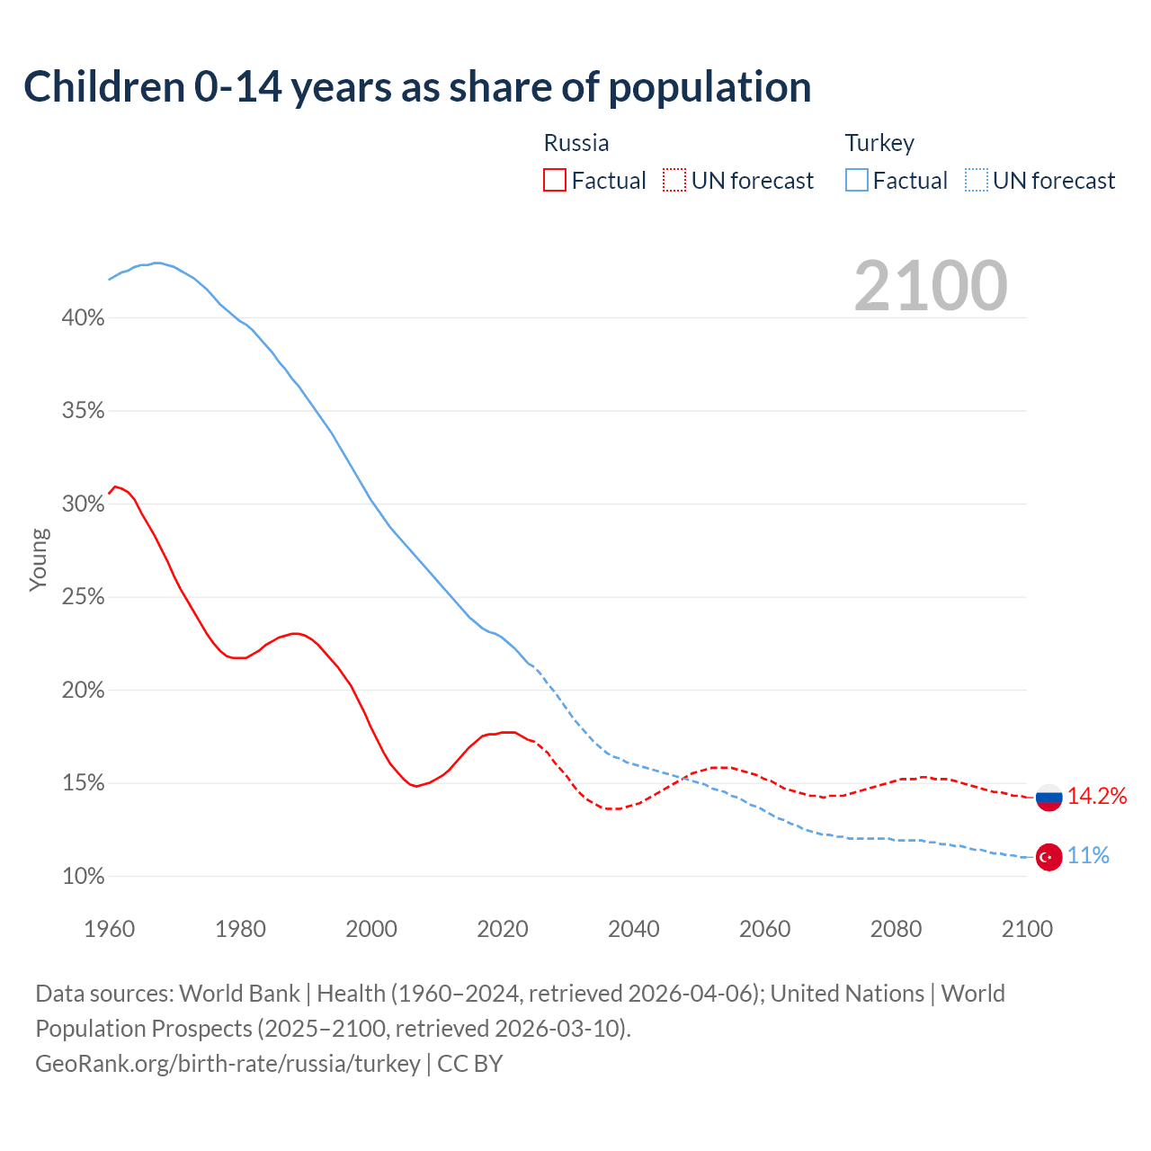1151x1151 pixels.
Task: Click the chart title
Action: [417, 87]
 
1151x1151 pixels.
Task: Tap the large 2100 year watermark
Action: [931, 286]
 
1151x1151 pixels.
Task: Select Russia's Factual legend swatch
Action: [555, 181]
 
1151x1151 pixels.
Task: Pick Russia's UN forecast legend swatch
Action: [674, 181]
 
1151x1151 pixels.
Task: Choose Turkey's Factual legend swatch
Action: [857, 181]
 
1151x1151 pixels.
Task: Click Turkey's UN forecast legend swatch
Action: [977, 181]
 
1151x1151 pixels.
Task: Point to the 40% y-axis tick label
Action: [84, 318]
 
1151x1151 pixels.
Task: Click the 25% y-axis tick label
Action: [84, 597]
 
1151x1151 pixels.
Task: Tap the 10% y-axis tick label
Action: [84, 877]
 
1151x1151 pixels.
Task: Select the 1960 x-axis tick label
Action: [109, 929]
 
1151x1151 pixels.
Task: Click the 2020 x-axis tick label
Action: [503, 929]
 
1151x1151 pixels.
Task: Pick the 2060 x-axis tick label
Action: [764, 929]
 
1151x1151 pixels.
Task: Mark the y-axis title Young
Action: [38, 559]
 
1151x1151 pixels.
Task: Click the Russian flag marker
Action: [1049, 797]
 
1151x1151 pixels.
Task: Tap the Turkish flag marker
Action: [1049, 857]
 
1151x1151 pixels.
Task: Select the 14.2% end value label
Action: [1097, 796]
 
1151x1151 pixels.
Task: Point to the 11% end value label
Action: [1088, 856]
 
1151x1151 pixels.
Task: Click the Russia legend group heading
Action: [576, 143]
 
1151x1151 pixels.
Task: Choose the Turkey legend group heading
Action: [879, 143]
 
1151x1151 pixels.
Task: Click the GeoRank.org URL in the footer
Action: [228, 1064]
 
